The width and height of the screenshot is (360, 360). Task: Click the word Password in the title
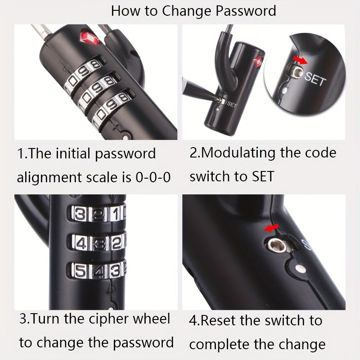[246, 11]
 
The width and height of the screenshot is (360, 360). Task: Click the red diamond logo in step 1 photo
[89, 38]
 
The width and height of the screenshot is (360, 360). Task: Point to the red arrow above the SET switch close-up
[301, 60]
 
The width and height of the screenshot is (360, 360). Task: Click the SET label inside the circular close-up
[315, 78]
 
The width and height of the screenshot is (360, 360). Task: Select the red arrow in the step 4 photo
[271, 228]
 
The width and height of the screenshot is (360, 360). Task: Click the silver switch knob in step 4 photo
[277, 246]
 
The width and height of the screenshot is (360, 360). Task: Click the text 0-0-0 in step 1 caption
[153, 177]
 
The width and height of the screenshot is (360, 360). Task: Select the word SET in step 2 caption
[263, 176]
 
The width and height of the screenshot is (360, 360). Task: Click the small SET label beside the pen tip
[232, 104]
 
